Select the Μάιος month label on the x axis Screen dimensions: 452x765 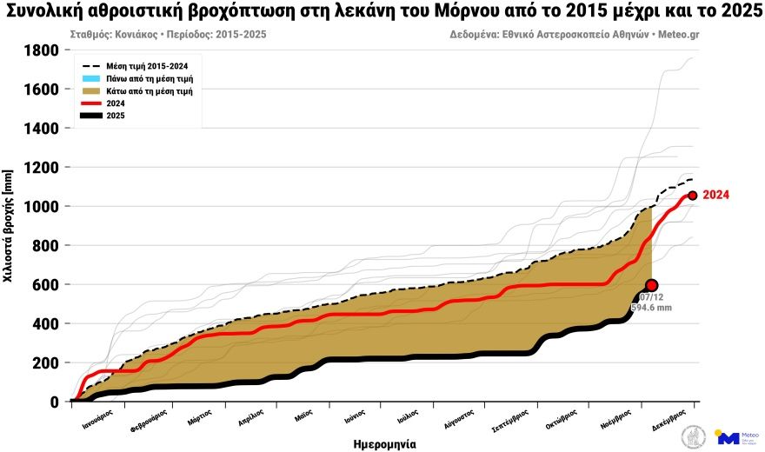point(303,417)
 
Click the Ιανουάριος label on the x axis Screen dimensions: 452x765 point(93,422)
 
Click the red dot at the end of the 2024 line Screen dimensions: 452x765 point(693,196)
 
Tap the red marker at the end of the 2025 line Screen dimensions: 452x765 point(652,285)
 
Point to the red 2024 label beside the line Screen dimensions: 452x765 point(715,195)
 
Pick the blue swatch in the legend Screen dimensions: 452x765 point(91,78)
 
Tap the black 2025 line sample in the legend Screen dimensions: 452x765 point(91,115)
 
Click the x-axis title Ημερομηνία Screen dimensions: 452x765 point(384,443)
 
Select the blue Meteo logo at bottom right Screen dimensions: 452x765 point(728,436)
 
